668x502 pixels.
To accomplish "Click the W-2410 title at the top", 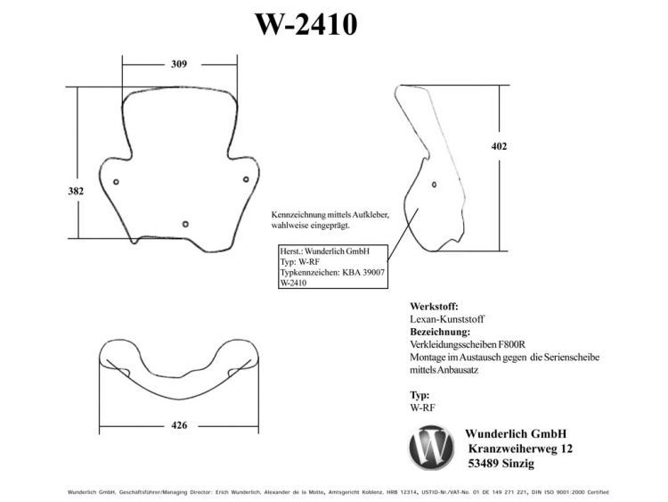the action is (305, 24).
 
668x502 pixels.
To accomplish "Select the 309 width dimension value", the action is (179, 64).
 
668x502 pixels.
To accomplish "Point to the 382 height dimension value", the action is (76, 191).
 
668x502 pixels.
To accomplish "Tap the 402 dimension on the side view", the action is (500, 146).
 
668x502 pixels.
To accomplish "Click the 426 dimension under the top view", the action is (179, 425).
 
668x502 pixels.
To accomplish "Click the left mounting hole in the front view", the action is (116, 182).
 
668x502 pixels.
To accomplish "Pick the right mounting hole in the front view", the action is (246, 179).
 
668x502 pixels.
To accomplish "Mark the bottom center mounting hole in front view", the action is (185, 224).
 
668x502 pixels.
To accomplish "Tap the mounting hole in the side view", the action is (434, 185).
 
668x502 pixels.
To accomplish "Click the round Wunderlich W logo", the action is (431, 448).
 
